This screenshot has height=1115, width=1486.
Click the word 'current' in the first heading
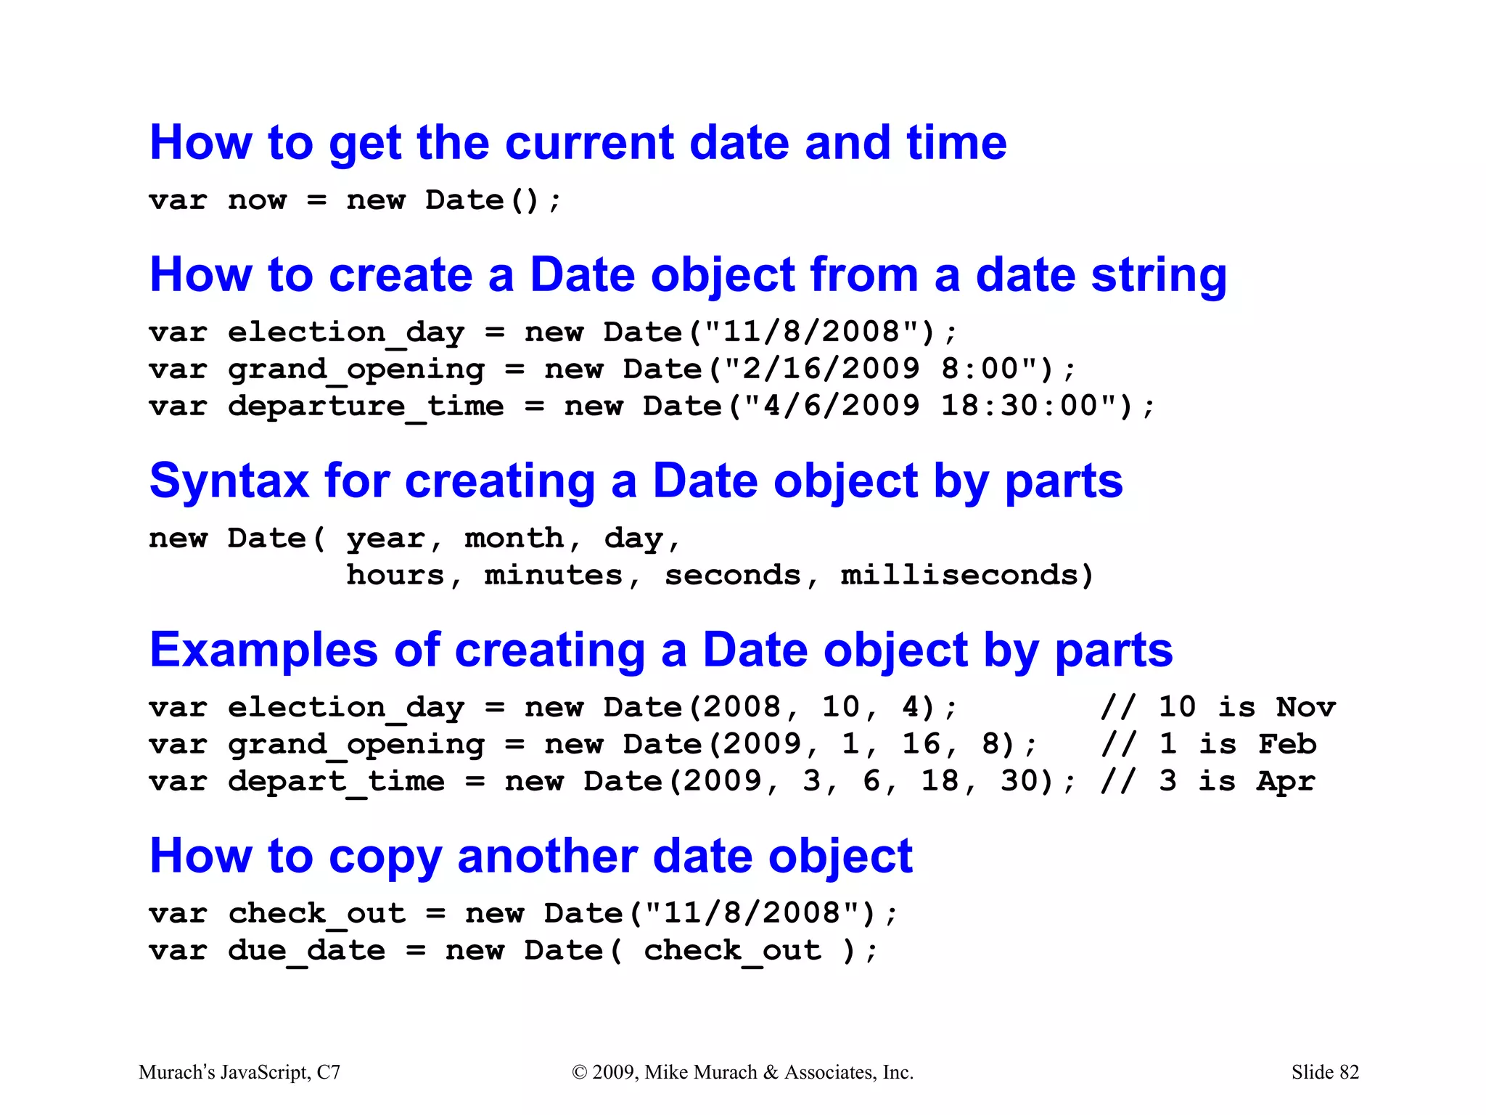[x=588, y=143]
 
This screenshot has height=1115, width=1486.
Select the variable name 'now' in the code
[x=257, y=200]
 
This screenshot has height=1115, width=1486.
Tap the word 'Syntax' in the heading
[x=229, y=481]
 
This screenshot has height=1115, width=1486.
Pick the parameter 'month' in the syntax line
[x=514, y=539]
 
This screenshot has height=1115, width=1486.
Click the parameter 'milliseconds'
[x=958, y=576]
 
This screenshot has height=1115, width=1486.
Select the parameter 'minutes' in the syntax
[x=553, y=576]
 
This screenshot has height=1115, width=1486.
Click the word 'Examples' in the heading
[x=263, y=650]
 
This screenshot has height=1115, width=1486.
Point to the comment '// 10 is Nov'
[x=1218, y=707]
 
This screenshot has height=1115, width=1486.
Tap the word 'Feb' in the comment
[x=1286, y=744]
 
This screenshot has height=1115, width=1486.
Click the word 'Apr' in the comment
[x=1285, y=782]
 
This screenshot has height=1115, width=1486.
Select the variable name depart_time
[x=336, y=782]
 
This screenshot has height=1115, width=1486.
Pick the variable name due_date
[x=306, y=951]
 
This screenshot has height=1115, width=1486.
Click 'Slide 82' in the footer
[x=1325, y=1072]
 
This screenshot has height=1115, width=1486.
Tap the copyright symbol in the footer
[x=579, y=1073]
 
